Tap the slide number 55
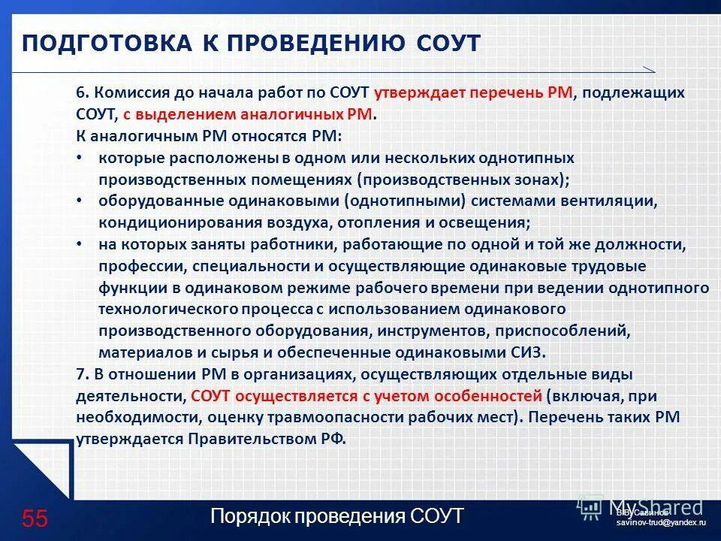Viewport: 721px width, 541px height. point(35,518)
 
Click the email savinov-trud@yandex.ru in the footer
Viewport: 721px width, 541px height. point(661,521)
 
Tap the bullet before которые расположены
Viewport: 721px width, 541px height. point(80,159)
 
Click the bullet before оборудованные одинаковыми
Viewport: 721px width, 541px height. point(80,201)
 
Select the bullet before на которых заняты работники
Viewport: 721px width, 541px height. point(80,245)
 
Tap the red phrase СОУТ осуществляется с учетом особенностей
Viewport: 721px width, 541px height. point(366,395)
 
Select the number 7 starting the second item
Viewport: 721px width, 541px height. point(80,374)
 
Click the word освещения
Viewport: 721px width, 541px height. point(491,223)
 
